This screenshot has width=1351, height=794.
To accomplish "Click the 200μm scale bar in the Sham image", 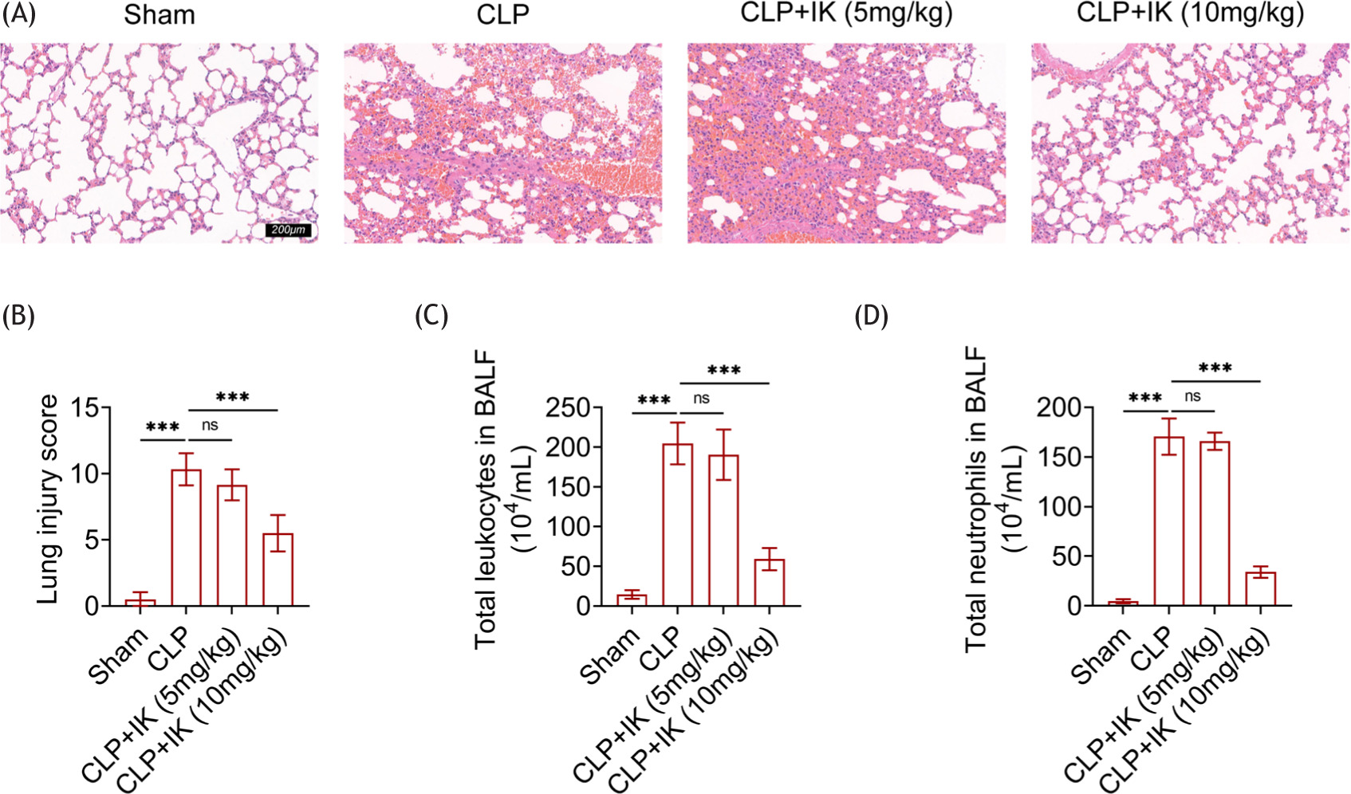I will coord(288,230).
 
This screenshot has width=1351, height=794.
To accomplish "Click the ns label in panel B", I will coord(210,426).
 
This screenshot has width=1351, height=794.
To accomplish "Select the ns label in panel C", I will coord(702,399).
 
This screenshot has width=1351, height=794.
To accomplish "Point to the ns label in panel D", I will coord(1193,397).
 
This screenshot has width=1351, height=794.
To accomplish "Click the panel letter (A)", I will coord(18,14).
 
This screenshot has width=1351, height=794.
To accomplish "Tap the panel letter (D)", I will coord(871,316).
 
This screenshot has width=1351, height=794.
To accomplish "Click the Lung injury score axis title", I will coord(49,499).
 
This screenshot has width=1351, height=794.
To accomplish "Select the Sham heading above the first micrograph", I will coord(160,14).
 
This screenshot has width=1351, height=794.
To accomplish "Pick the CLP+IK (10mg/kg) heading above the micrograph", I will coord(1190,14).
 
